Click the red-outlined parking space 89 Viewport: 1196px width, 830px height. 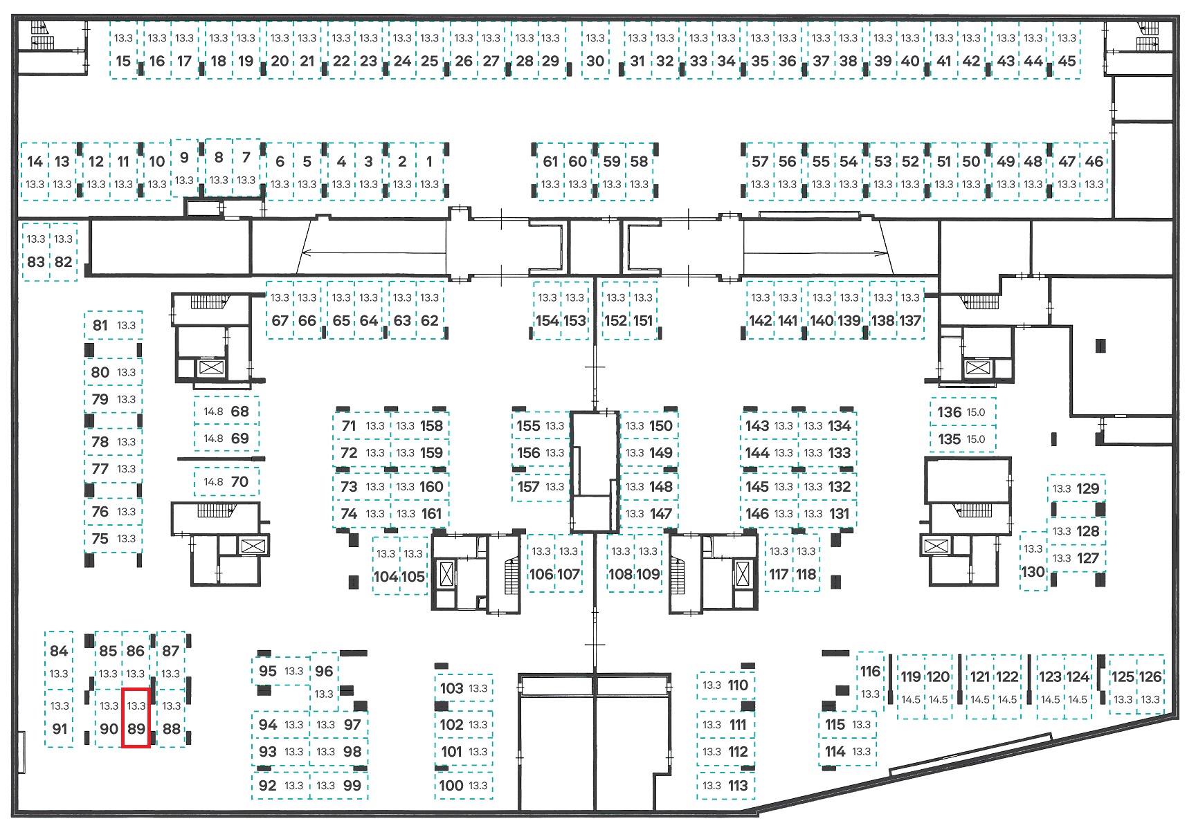[136, 717]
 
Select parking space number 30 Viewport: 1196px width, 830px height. [595, 50]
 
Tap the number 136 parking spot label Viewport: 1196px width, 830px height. [950, 412]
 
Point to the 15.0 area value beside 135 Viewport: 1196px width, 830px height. [976, 439]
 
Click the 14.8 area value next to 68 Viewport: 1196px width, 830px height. [213, 412]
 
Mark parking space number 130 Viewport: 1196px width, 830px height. [1033, 561]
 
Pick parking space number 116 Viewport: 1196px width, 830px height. [870, 681]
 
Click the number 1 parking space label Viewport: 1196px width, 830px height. [429, 161]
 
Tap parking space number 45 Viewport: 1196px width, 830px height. [1067, 50]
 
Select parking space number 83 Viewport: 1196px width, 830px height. [36, 252]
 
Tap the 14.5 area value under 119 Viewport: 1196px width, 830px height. [911, 699]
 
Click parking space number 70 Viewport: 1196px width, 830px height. [226, 481]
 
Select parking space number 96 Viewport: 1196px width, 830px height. [324, 681]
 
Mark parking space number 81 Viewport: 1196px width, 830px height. [114, 325]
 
